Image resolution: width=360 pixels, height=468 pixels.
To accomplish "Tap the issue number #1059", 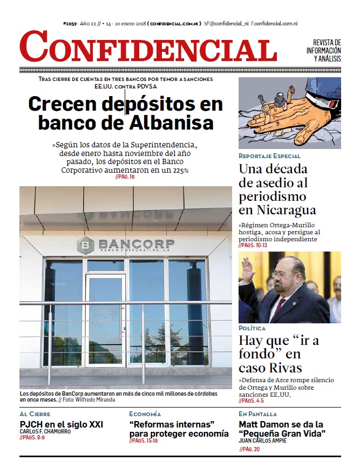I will click(x=70, y=24).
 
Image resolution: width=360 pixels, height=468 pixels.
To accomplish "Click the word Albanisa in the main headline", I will click(x=171, y=123).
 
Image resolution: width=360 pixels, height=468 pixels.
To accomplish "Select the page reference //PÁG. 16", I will click(x=125, y=177).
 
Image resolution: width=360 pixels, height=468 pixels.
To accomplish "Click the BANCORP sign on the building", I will click(x=135, y=244).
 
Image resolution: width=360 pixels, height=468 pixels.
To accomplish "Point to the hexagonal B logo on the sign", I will click(x=86, y=245).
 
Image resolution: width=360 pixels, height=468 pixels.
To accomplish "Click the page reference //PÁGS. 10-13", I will click(x=253, y=245).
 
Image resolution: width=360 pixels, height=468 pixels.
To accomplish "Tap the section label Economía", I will click(x=145, y=414).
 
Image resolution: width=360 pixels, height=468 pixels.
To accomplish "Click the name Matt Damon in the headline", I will click(x=264, y=425).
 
